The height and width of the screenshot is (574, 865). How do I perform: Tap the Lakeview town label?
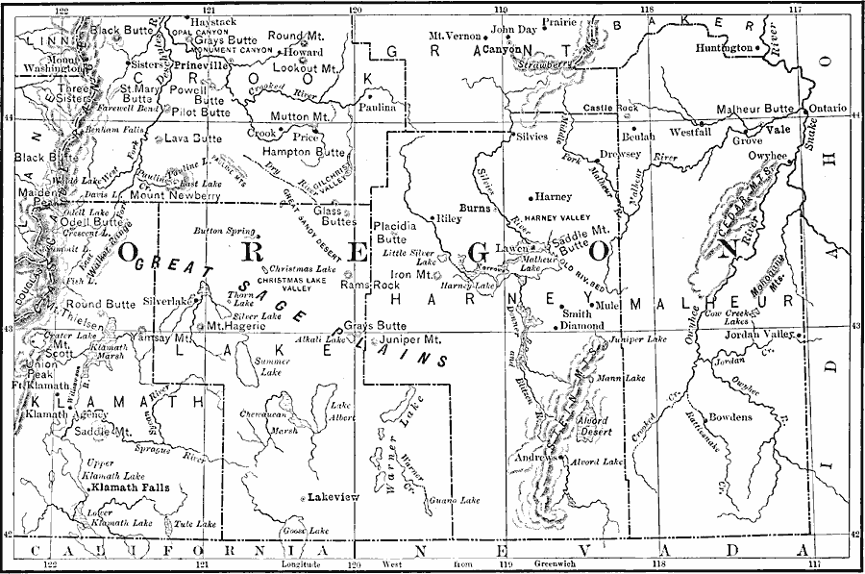pos(331,497)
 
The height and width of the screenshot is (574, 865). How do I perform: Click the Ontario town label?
pos(828,108)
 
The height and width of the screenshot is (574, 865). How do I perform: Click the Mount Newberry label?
pos(175,195)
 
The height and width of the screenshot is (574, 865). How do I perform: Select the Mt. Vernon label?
pos(454,36)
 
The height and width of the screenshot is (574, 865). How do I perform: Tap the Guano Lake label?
pos(456,501)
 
